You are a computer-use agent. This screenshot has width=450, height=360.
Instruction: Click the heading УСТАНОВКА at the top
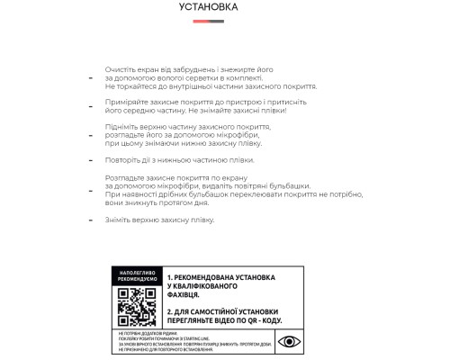tap(209, 7)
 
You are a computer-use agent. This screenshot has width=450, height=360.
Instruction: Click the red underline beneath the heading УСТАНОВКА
tap(209, 17)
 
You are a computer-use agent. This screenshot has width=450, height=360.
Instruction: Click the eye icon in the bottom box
tap(289, 341)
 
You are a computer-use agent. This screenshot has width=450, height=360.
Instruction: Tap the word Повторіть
tap(121, 160)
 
